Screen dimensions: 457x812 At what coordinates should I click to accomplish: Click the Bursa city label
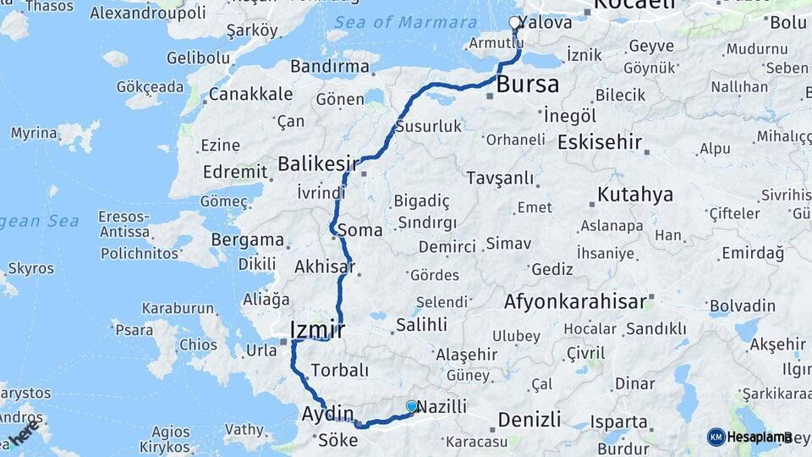pyautogui.click(x=527, y=84)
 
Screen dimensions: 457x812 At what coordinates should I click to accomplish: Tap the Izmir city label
pyautogui.click(x=316, y=328)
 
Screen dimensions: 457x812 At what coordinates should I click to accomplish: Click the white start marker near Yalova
pyautogui.click(x=515, y=23)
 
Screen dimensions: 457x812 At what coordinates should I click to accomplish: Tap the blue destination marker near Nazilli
pyautogui.click(x=412, y=406)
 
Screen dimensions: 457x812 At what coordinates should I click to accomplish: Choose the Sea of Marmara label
pyautogui.click(x=405, y=22)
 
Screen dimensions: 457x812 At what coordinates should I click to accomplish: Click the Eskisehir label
pyautogui.click(x=599, y=141)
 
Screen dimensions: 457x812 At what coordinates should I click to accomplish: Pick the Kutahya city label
pyautogui.click(x=635, y=195)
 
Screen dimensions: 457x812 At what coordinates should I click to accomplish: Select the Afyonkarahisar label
pyautogui.click(x=575, y=300)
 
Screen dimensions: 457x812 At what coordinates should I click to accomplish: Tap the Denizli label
pyautogui.click(x=529, y=419)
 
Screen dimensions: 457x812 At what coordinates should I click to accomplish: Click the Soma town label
pyautogui.click(x=359, y=229)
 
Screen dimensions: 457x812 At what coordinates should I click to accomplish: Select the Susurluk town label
pyautogui.click(x=429, y=126)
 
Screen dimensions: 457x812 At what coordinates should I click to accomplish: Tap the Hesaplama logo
pyautogui.click(x=749, y=437)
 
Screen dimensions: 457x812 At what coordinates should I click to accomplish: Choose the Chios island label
pyautogui.click(x=199, y=344)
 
